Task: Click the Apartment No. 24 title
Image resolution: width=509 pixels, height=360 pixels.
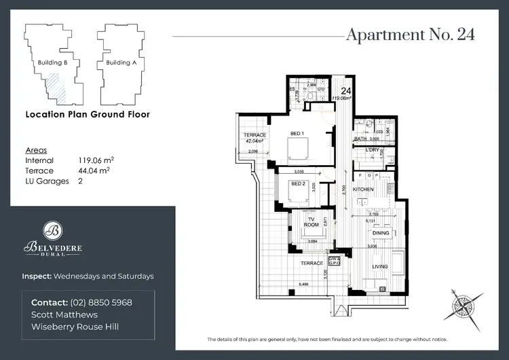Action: tap(410, 35)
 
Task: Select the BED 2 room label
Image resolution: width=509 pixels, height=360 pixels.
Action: tap(298, 183)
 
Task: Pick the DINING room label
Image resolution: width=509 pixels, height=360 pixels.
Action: tap(380, 233)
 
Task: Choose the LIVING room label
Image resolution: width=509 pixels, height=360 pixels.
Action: tap(379, 266)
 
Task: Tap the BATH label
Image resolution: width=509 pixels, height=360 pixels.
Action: tap(360, 139)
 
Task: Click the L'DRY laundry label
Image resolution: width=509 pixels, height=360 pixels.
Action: tap(371, 149)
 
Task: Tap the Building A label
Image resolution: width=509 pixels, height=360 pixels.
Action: tap(121, 62)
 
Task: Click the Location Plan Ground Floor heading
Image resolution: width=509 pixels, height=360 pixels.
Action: tap(87, 115)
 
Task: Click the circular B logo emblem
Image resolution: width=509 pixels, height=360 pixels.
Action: tap(53, 229)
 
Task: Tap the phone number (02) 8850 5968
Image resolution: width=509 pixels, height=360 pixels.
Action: tap(100, 302)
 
